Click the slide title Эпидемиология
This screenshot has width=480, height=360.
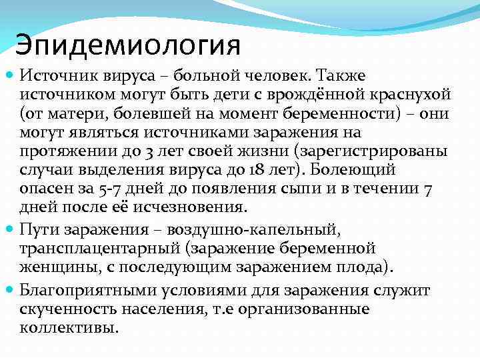click(127, 45)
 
